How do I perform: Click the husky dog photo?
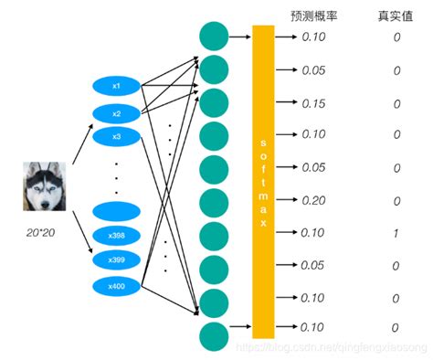tap(43, 185)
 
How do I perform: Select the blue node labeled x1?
tap(116, 86)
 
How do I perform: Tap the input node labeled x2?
tap(116, 113)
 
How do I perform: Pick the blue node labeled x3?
tap(116, 136)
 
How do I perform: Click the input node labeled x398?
tap(116, 237)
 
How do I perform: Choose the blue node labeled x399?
tap(116, 260)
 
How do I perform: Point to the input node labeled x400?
tap(116, 287)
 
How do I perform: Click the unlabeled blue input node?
tap(116, 211)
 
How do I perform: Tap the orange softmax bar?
tap(263, 182)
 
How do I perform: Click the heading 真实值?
tap(396, 16)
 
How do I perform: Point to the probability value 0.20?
tap(313, 201)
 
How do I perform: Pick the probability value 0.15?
tap(313, 103)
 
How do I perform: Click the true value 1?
tap(396, 234)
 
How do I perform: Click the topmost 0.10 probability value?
tap(313, 37)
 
